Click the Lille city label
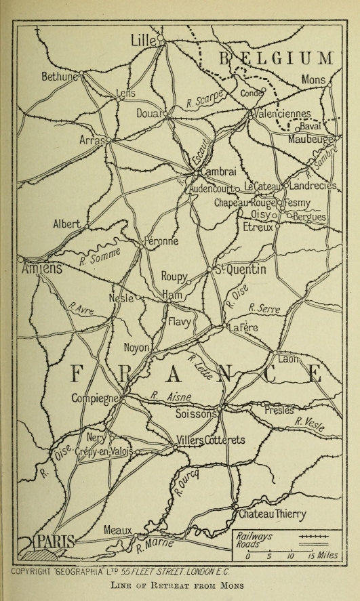pos(143,41)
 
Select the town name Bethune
pos(60,77)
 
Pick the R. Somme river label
pos(99,256)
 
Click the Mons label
pos(313,80)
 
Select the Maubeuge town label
pos(311,140)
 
